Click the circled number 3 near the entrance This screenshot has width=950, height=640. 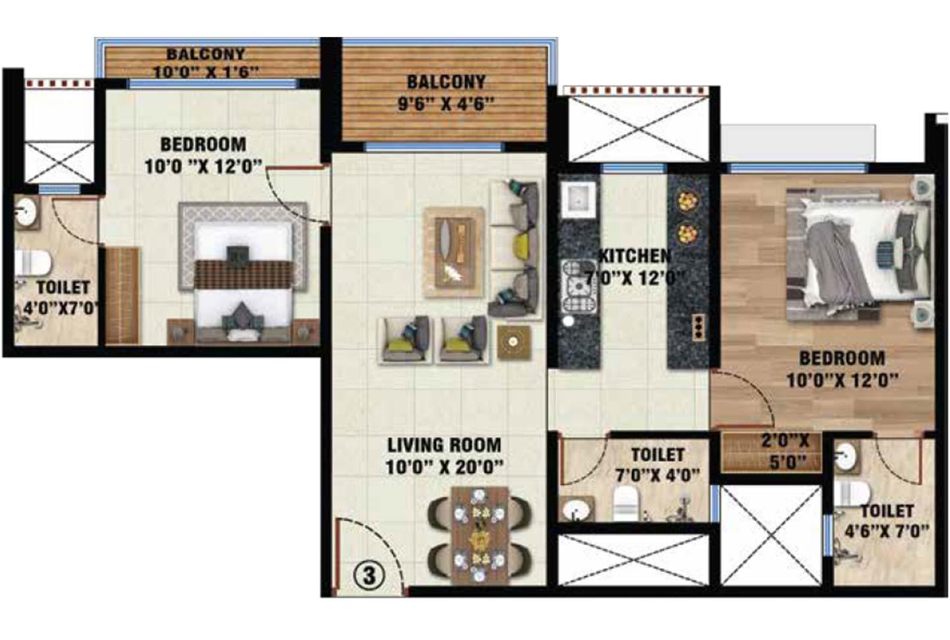point(369,575)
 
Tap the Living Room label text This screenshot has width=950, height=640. point(443,445)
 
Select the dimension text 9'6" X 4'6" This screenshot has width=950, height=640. point(446,104)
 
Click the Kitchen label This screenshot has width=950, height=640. point(634,256)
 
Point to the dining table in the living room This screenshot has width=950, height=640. point(480,535)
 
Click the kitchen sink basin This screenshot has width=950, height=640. point(579,199)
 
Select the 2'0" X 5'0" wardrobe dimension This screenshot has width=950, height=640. point(784,451)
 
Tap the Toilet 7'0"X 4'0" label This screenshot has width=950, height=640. point(657,464)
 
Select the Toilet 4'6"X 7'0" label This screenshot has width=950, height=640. point(887,521)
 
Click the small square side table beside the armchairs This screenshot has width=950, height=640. point(513,342)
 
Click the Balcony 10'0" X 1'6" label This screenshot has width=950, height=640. point(205,63)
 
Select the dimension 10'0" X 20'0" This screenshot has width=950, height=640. point(444,467)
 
